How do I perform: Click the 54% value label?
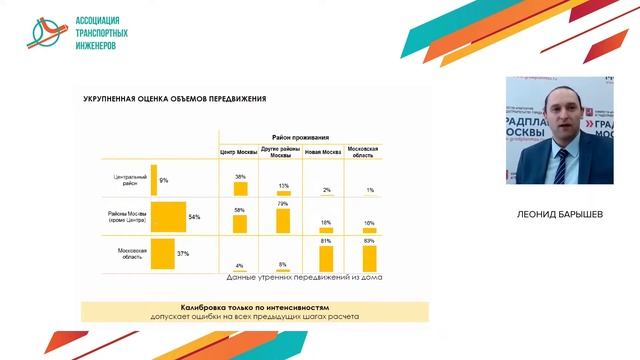pos(195,217)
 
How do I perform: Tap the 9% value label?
pos(163,180)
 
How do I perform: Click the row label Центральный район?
pos(129,180)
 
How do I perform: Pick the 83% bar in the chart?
pos(369,258)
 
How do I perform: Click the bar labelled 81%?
pos(326,258)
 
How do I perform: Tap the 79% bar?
pos(283,220)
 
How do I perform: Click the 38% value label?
pos(240,176)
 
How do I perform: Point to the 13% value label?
pos(284,185)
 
